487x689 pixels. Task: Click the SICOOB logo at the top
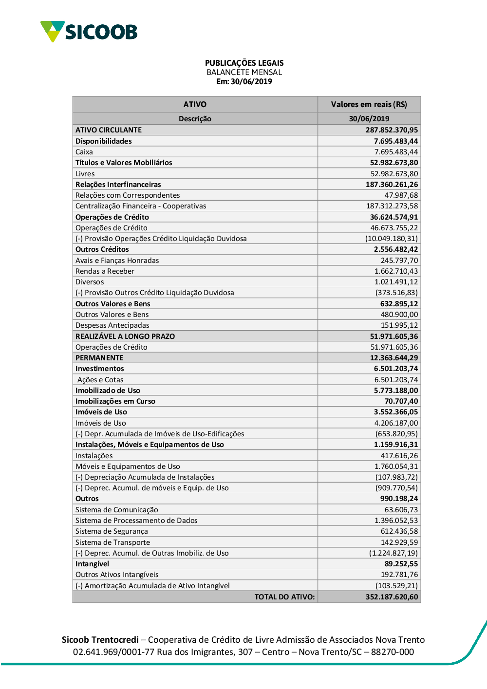point(89,32)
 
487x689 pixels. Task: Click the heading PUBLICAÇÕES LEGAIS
point(244,63)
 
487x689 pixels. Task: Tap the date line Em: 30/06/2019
point(244,82)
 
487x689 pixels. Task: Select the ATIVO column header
point(195,104)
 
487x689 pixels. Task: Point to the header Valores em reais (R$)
point(369,104)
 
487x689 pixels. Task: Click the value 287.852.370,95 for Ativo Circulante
point(392,130)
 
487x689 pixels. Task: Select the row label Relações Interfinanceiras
point(118,185)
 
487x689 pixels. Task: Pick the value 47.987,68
point(401,195)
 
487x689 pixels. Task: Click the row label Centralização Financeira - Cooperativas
point(141,206)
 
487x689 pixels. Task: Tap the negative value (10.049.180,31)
point(391,239)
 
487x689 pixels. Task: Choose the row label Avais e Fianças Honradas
point(117,261)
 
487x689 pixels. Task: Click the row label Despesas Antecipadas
point(112,325)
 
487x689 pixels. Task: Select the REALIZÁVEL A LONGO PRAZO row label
point(125,336)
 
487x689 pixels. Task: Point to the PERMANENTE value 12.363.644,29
point(393,358)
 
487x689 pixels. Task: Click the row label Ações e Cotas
point(100,380)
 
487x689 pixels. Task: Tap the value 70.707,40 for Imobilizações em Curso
point(401,401)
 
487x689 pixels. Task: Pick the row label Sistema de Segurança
point(112,531)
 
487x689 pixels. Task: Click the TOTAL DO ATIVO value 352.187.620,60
point(392,597)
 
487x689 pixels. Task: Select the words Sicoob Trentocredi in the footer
point(100,640)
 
